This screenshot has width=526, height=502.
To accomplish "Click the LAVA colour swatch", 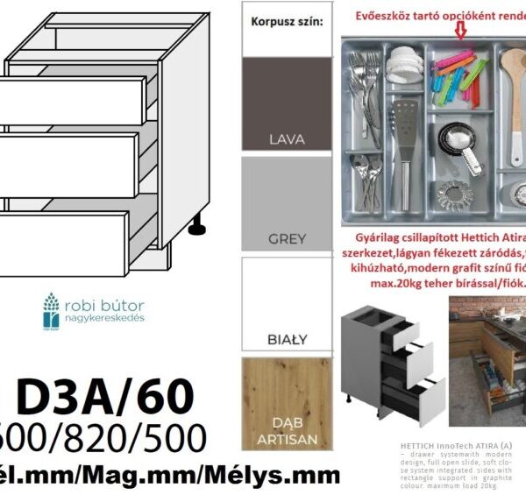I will click(286, 104).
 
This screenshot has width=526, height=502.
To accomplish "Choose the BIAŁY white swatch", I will click(286, 302).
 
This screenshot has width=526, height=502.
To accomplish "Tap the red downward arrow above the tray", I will click(459, 32).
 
